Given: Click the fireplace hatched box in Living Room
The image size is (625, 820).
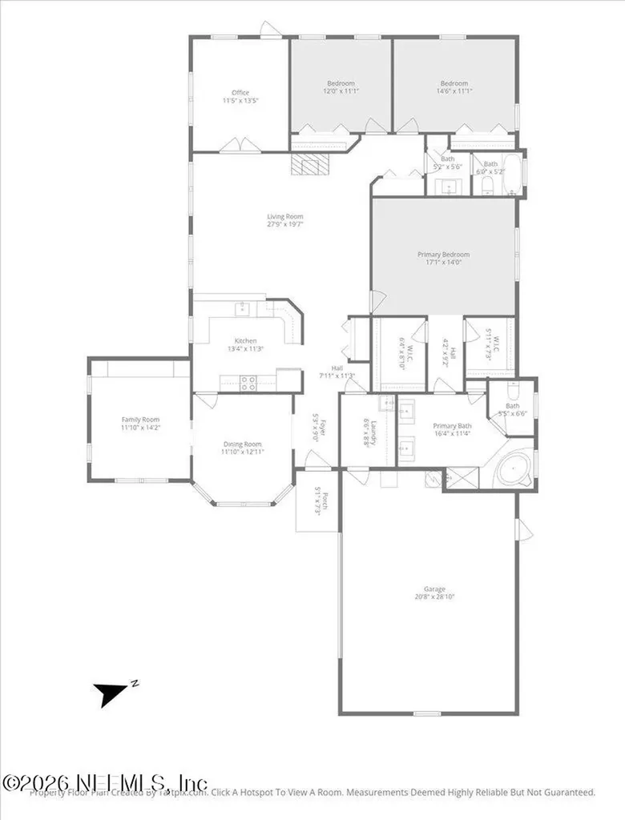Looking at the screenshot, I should [x=310, y=165].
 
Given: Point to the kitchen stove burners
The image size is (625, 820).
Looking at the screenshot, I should [x=248, y=383].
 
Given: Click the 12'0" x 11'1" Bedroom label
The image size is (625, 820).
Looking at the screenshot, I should [x=341, y=87].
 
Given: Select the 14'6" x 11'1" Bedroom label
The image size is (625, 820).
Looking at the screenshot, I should [x=454, y=87].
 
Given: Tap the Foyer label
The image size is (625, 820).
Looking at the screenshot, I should [x=316, y=432].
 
